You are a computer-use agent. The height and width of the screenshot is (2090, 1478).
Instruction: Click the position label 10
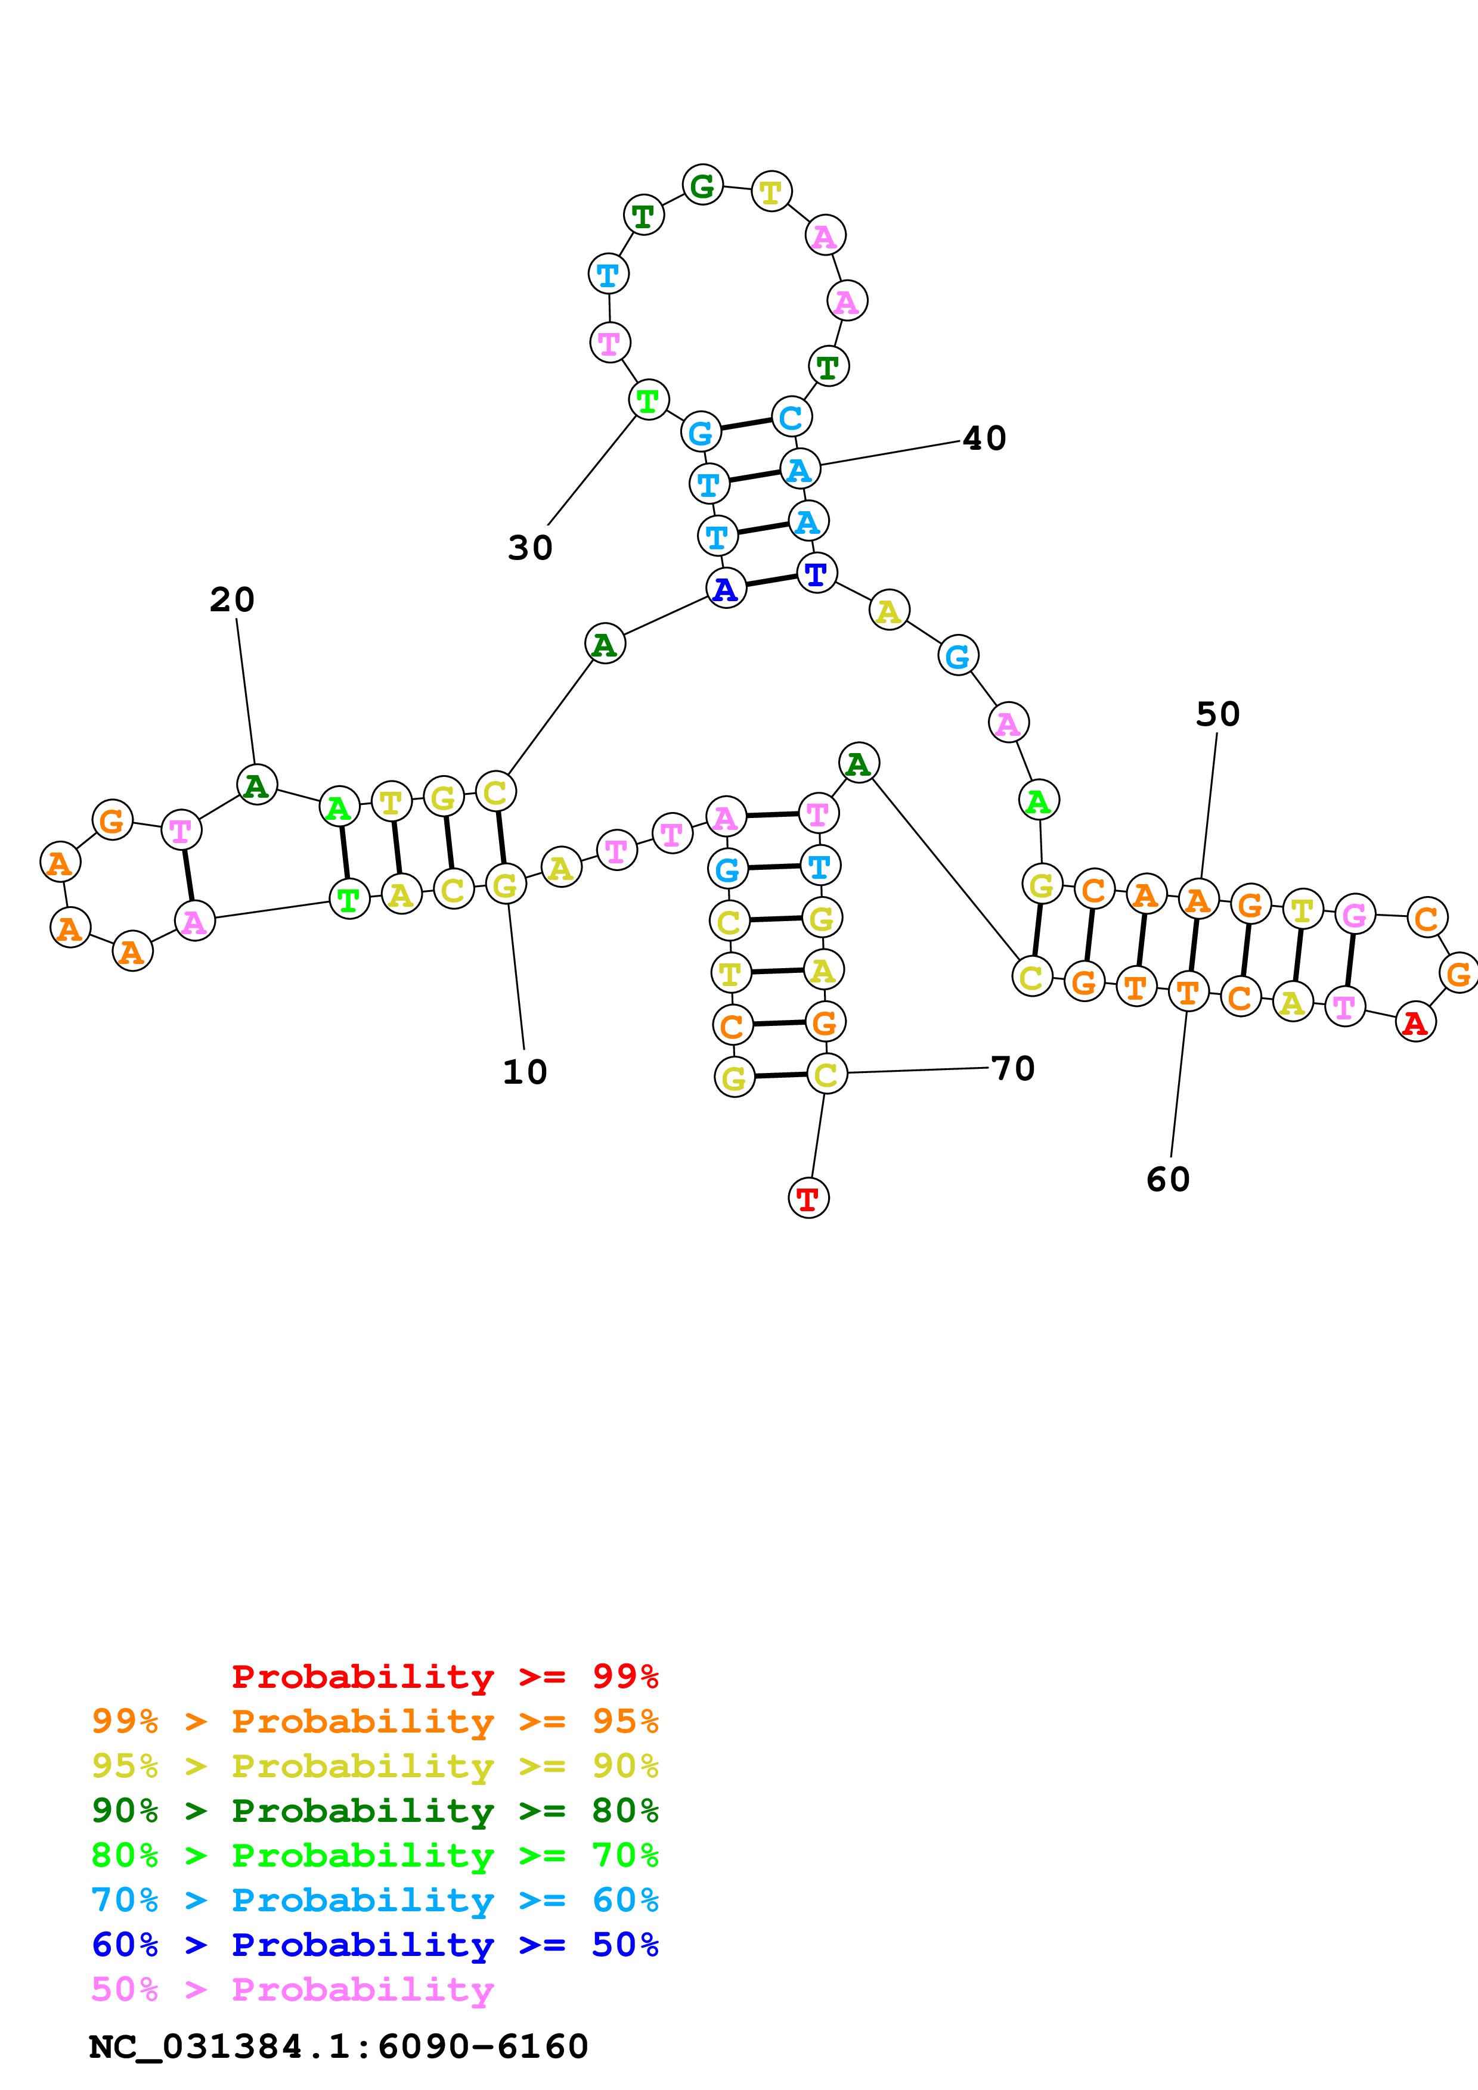(525, 1072)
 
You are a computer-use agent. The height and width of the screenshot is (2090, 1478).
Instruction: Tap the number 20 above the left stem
(232, 600)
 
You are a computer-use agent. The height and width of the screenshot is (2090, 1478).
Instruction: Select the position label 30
(530, 548)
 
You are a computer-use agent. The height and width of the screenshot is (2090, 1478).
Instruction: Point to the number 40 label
(984, 438)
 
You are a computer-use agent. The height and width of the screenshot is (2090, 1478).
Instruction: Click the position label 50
(1217, 714)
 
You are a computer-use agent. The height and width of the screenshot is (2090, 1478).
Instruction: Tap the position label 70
(1012, 1069)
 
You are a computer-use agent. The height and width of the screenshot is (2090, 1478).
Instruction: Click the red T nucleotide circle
(808, 1198)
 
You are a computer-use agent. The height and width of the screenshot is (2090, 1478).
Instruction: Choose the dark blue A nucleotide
(726, 589)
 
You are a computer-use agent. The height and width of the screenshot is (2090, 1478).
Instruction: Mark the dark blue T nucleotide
(816, 574)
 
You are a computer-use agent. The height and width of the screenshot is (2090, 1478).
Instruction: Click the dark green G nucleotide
(702, 186)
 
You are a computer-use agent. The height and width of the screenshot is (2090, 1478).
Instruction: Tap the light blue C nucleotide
(791, 417)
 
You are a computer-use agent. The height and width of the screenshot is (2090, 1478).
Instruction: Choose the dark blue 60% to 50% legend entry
(375, 1945)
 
